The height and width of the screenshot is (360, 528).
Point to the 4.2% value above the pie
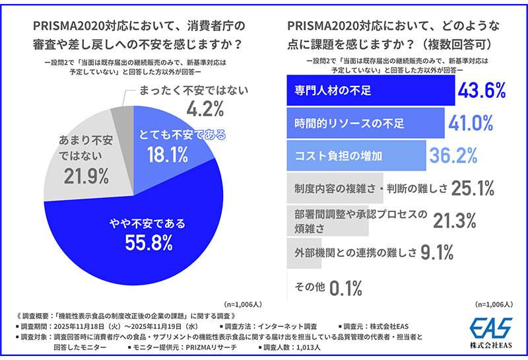coord(196,107)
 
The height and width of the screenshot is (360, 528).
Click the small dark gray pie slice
coord(123,120)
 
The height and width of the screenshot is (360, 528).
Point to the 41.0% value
coord(472,123)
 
